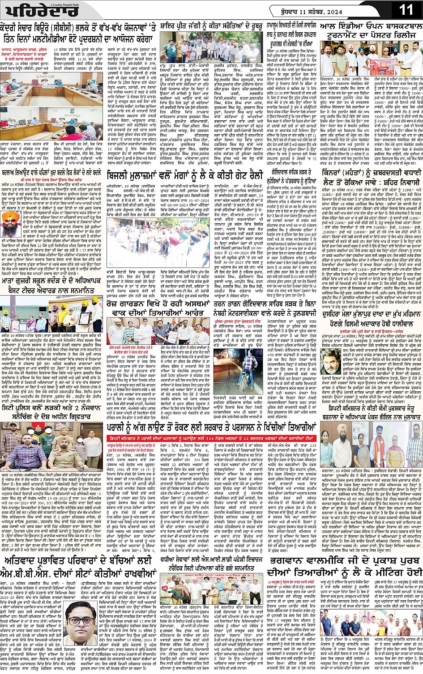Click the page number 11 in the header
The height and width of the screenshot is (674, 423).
tap(406, 10)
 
